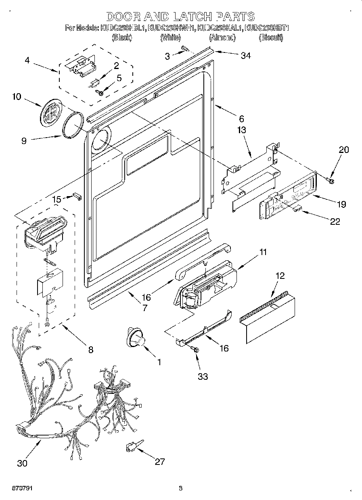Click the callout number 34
(x=245, y=56)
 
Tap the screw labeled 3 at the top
(x=185, y=49)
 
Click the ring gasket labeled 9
(x=74, y=126)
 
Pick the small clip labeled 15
(x=77, y=197)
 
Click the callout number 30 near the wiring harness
(x=22, y=463)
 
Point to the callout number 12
(x=280, y=276)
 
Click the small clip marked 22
(x=297, y=207)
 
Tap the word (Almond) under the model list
(x=222, y=38)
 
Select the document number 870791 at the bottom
(x=17, y=489)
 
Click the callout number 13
(x=242, y=130)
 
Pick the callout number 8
(x=90, y=349)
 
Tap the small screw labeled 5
(x=100, y=92)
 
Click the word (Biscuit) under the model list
(x=270, y=38)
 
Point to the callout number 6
(x=241, y=119)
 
